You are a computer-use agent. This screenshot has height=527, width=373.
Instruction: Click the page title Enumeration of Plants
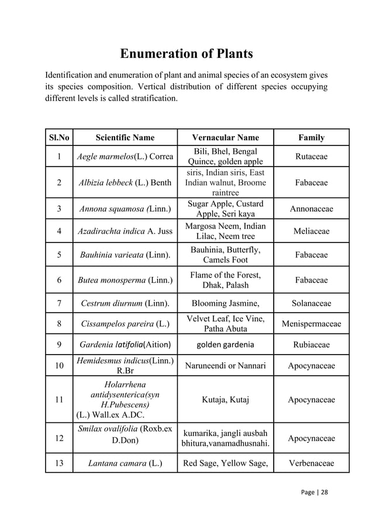(186, 54)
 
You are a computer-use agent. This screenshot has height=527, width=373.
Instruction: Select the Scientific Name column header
(125, 138)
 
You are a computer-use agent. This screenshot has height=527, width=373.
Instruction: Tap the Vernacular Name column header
(225, 138)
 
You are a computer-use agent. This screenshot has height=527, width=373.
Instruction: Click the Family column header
(311, 138)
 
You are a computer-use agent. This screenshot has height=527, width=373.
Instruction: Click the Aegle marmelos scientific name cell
(125, 157)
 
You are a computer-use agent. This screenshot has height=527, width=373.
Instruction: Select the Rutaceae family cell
(311, 157)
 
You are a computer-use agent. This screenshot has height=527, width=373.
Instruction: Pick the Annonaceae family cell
(311, 209)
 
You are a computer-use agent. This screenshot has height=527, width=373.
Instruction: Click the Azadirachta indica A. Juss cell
(125, 231)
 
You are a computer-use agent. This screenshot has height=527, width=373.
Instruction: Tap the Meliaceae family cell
(311, 231)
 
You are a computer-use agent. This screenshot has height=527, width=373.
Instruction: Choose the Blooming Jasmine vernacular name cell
(225, 303)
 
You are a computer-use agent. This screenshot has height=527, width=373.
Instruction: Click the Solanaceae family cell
(311, 303)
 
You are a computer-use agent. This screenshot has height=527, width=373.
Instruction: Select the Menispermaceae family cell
(311, 324)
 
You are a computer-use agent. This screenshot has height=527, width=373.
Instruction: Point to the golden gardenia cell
(225, 344)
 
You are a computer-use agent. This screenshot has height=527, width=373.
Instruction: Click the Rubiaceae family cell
(311, 344)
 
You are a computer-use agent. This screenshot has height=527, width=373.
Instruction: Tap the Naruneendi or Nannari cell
(225, 366)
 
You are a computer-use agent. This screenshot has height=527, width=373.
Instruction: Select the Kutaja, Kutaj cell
(225, 400)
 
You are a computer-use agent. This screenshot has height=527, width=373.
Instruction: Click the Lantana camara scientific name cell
(125, 464)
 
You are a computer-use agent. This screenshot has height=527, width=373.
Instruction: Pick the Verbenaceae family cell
(311, 464)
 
